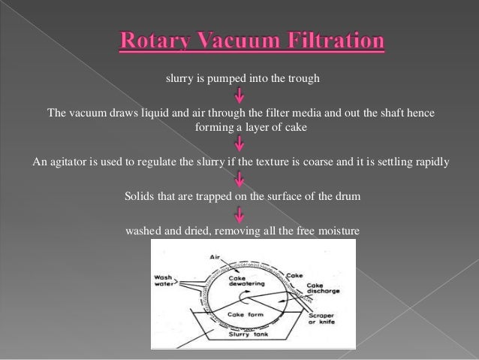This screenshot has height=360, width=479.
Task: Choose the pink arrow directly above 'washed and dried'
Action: [x=240, y=213]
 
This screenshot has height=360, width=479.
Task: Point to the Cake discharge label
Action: [x=325, y=288]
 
